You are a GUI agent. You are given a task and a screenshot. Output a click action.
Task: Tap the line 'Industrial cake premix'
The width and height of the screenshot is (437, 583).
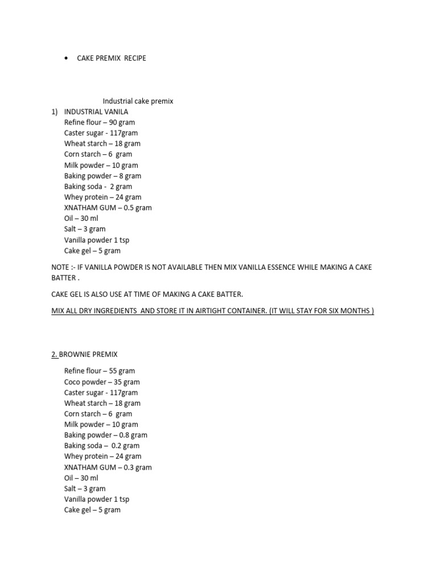138,101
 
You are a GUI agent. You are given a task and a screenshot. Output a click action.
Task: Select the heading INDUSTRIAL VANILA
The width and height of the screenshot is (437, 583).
96,112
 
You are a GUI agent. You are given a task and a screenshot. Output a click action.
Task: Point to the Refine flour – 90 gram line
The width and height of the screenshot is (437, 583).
100,122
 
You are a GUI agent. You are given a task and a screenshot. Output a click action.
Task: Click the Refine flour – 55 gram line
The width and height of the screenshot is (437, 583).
100,371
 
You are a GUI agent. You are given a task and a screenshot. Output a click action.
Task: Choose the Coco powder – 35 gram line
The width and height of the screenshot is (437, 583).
102,382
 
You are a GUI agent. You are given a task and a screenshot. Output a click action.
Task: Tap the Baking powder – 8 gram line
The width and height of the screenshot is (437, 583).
102,176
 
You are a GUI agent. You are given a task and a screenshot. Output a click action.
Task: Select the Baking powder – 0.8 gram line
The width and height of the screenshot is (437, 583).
105,435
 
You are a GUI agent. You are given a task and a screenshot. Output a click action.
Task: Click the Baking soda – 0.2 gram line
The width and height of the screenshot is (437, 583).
102,446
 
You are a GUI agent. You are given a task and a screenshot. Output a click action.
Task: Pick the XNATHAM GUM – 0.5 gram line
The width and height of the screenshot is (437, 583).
108,208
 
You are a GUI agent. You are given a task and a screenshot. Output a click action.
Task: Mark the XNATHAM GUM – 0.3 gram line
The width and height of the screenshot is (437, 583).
108,467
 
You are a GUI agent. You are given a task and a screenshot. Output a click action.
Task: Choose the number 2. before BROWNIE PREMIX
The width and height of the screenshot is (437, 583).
54,354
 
